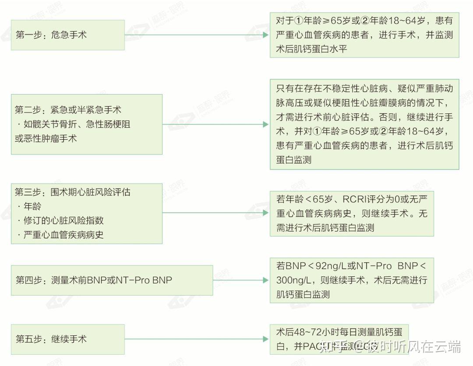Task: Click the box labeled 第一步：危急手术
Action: [x=67, y=35]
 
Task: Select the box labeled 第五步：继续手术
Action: [x=67, y=339]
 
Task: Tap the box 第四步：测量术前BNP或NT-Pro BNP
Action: [x=112, y=280]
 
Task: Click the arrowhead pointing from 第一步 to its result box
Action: [x=266, y=35]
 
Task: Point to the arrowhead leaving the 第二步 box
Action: [x=266, y=124]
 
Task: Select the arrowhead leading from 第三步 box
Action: [x=266, y=213]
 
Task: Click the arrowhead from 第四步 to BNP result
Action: [x=266, y=280]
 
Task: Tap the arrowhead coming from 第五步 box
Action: [x=266, y=339]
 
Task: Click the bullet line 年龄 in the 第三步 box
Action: [x=32, y=206]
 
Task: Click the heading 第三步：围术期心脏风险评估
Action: [x=73, y=192]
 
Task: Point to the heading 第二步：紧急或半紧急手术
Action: [x=68, y=110]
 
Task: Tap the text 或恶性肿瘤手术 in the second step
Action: [x=46, y=139]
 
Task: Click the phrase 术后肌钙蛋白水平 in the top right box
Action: [x=311, y=49]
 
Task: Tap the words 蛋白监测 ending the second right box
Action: [x=294, y=160]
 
